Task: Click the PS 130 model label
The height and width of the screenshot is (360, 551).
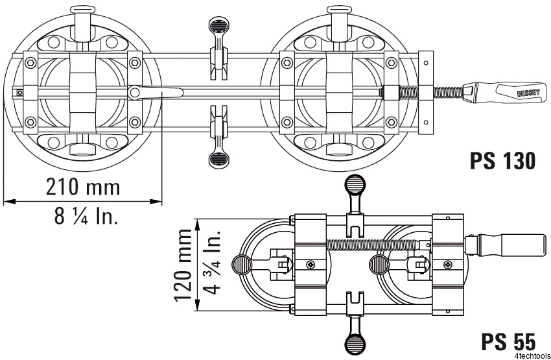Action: click(502, 161)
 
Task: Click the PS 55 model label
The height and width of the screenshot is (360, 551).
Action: click(508, 341)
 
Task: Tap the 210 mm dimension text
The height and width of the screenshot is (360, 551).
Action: click(83, 187)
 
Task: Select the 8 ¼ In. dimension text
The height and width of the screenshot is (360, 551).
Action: click(86, 215)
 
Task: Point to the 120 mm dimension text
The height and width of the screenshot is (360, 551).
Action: click(183, 265)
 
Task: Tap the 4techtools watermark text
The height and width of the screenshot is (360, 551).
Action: click(534, 355)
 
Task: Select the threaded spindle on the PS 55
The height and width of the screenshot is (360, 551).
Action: click(373, 243)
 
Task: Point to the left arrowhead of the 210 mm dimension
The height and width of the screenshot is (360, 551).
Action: click(10, 202)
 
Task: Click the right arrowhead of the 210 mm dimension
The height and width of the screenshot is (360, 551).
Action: click(156, 202)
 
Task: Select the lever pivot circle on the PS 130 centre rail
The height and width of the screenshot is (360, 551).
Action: click(134, 93)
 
